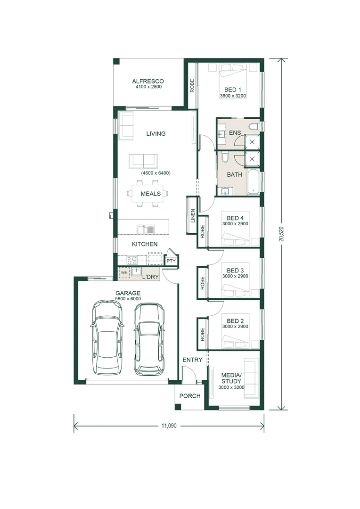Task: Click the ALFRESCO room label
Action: click(148, 81)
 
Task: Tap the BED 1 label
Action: click(233, 90)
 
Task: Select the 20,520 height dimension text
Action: click(282, 233)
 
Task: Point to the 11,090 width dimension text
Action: click(168, 426)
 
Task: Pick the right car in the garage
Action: click(149, 339)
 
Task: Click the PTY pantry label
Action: click(171, 261)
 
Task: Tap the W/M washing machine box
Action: click(124, 272)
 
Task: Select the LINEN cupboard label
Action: click(193, 216)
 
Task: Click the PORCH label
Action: click(190, 396)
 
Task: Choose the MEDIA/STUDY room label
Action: click(231, 378)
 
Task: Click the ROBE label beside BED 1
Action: click(192, 85)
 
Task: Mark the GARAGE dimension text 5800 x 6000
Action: click(128, 299)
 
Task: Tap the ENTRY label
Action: click(192, 360)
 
